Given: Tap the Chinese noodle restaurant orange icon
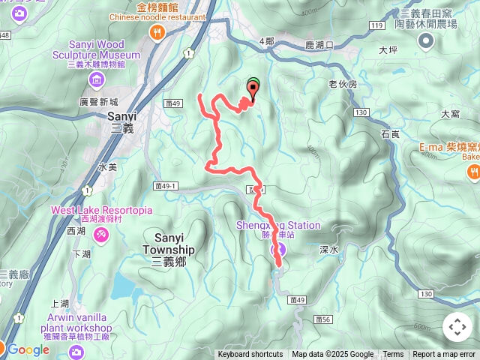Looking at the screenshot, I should [157, 31].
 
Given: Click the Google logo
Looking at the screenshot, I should [28, 349].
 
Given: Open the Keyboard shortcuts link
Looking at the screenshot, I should [250, 355].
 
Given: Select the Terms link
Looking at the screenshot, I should [393, 355].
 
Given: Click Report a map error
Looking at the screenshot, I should [445, 355].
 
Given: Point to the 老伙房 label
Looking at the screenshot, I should [343, 85].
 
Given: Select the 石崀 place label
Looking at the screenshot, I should [390, 134].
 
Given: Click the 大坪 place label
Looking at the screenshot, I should [388, 51].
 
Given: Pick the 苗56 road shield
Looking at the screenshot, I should [323, 319].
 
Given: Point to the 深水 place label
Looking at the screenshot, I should [329, 249].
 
